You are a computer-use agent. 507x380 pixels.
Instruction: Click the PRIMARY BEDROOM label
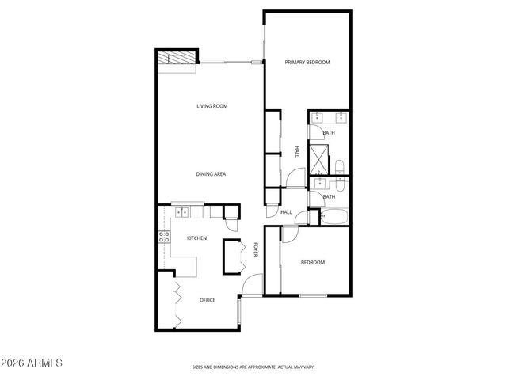(x=307, y=62)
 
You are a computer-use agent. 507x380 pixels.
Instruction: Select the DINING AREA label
(x=212, y=173)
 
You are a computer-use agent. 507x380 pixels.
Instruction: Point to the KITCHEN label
(x=196, y=238)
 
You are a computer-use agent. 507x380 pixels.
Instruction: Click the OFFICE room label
(x=208, y=300)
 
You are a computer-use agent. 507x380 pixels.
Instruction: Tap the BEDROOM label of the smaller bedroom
(x=312, y=262)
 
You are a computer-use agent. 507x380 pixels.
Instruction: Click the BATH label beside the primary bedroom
(x=329, y=133)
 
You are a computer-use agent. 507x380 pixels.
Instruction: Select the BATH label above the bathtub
(x=328, y=197)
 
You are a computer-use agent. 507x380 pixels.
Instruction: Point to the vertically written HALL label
(x=296, y=151)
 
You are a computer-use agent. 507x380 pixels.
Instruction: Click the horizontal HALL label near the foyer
(x=287, y=212)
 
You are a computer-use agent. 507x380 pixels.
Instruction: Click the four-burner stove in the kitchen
(x=165, y=237)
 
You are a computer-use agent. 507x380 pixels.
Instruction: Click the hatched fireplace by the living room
(x=176, y=60)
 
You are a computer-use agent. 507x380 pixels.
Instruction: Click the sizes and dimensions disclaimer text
(x=253, y=367)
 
